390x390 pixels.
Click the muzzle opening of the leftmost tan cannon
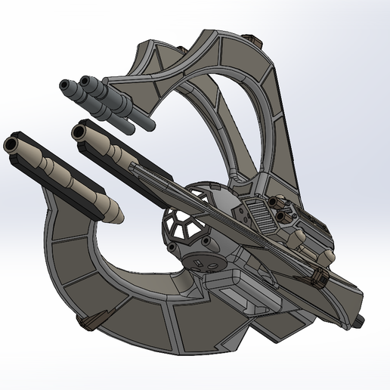[12, 144]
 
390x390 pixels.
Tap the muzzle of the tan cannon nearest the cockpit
[77, 132]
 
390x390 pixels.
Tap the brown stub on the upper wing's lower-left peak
[182, 50]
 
